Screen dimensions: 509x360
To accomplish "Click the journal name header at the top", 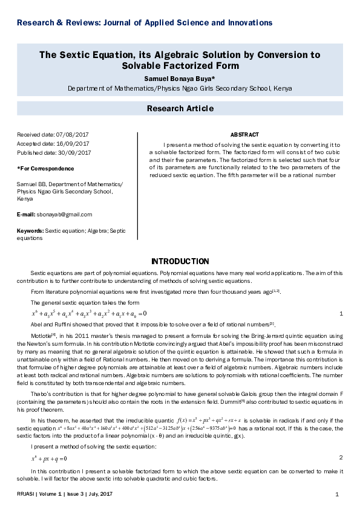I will pyautogui.click(x=145, y=23).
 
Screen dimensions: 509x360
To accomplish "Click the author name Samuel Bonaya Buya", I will pyautogui.click(x=180, y=79).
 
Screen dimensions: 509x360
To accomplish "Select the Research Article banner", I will pyautogui.click(x=180, y=109).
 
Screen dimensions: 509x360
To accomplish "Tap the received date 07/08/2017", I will pyautogui.click(x=72, y=135).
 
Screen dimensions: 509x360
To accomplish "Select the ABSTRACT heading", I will pyautogui.click(x=244, y=135).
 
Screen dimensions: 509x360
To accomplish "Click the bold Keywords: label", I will pyautogui.click(x=30, y=231).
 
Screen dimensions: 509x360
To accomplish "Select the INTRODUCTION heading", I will pyautogui.click(x=180, y=262).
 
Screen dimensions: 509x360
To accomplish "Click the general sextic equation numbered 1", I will pyautogui.click(x=89, y=314).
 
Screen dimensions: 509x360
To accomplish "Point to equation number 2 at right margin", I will pyautogui.click(x=341, y=458).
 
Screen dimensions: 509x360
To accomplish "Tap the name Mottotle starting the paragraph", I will pyautogui.click(x=41, y=335).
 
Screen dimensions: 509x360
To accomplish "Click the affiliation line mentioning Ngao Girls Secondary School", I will pyautogui.click(x=180, y=88).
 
